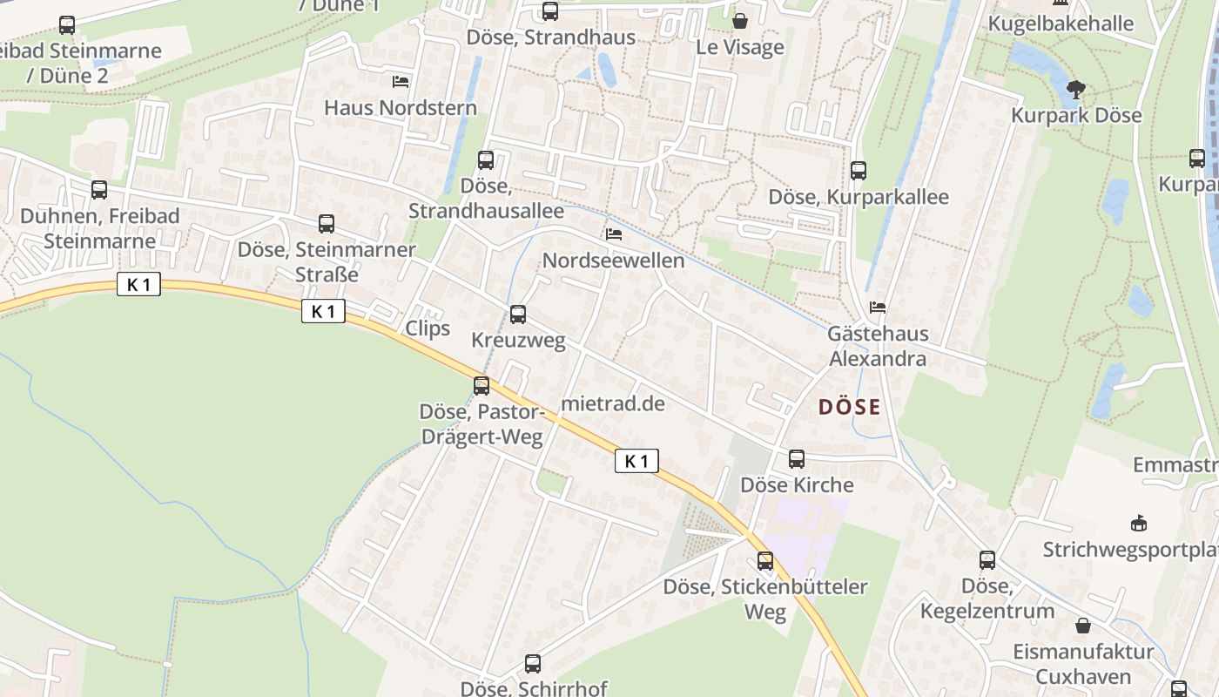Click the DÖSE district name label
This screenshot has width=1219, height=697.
point(849,407)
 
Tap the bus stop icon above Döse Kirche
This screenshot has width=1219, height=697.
point(797,459)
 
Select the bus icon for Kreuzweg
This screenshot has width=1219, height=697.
point(518,315)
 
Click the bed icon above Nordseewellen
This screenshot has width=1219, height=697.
point(614,234)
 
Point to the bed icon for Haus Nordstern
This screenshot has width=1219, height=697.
point(401,82)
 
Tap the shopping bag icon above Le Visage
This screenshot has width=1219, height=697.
point(740,21)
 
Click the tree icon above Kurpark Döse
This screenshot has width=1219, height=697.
point(1076,89)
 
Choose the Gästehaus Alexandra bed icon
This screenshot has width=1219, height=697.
point(878,308)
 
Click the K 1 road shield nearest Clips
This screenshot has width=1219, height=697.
point(323,311)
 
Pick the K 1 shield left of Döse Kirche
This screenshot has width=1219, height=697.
point(636,461)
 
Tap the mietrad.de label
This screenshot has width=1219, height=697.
point(613,403)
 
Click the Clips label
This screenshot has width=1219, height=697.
point(428,328)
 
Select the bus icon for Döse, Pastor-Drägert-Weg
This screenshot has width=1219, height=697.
point(482,385)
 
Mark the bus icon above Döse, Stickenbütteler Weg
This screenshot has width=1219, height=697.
point(765,561)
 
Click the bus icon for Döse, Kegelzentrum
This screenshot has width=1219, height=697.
point(987,560)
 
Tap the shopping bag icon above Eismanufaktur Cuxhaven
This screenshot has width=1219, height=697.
point(1083,626)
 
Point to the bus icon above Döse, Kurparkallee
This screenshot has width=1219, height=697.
point(859,171)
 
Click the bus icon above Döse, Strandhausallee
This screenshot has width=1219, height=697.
point(486,160)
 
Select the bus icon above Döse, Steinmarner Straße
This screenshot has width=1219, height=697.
point(327,224)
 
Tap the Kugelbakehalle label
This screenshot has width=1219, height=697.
point(1061,24)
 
